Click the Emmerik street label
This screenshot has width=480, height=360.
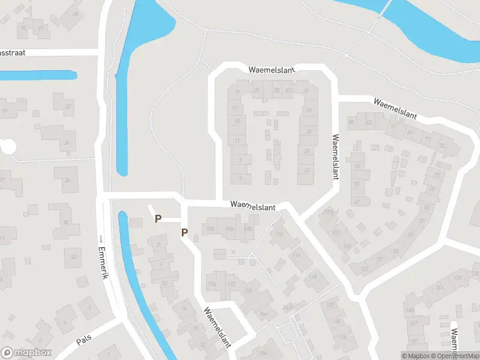click(x=103, y=264)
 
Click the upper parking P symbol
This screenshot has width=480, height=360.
click(x=158, y=219)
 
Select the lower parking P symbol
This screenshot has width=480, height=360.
click(x=185, y=233)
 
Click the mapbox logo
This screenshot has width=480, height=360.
click(x=26, y=353)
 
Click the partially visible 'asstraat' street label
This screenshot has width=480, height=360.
click(x=12, y=53)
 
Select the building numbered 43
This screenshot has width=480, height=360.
click(x=307, y=172)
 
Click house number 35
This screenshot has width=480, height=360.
click(x=309, y=132)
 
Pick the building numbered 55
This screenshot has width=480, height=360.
click(x=357, y=166)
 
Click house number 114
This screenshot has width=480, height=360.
click(x=296, y=255)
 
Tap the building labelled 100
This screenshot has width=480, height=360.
click(x=210, y=229)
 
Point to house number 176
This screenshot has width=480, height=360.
click(x=211, y=284)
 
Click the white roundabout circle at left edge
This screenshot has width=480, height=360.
click(x=8, y=146)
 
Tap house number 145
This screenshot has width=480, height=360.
click(x=410, y=310)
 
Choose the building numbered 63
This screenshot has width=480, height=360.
click(x=368, y=123)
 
